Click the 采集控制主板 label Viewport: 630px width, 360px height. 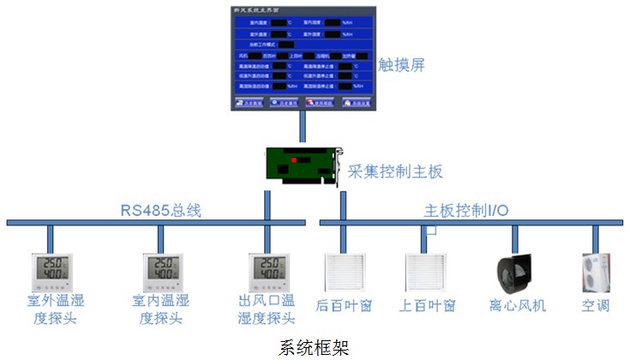[395, 171]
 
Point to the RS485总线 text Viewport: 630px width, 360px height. [160, 210]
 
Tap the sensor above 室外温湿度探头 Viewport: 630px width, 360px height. [50, 273]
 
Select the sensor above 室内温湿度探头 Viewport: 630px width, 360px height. [162, 273]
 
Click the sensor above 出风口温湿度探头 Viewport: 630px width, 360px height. [267, 273]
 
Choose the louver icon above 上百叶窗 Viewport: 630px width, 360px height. [426, 273]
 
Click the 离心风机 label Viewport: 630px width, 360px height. [517, 305]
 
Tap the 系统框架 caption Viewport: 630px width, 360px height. [315, 347]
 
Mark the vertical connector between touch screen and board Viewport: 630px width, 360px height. [303, 128]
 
